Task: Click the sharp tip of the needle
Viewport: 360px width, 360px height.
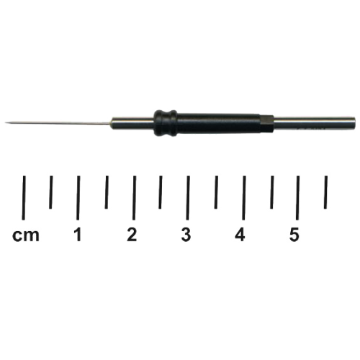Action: tap(5, 123)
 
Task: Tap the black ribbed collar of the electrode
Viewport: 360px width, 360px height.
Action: tap(166, 123)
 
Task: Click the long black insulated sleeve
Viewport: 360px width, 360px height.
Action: tap(218, 123)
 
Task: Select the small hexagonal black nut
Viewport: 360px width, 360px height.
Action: tap(267, 123)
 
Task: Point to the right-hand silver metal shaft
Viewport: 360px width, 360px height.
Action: tap(315, 124)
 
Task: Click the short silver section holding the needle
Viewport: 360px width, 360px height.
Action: tap(132, 123)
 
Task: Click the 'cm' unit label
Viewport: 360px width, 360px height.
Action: tap(26, 235)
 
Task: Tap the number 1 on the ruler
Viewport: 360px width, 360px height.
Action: tap(78, 235)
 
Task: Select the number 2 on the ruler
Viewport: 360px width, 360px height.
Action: tap(132, 235)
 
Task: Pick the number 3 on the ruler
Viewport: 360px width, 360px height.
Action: tap(186, 235)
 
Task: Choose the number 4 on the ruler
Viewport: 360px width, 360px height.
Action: tap(240, 235)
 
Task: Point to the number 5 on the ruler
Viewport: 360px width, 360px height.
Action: tap(294, 235)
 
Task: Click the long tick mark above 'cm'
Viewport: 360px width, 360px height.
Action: tap(24, 197)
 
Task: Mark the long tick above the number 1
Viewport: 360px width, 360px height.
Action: tap(78, 197)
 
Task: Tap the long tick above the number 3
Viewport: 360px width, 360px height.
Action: tap(188, 197)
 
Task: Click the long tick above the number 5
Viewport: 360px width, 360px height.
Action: tap(297, 197)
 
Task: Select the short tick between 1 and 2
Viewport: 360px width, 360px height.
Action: tap(107, 192)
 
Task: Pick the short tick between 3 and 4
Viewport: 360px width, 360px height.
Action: tap(216, 192)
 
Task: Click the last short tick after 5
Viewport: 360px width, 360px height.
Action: tap(325, 192)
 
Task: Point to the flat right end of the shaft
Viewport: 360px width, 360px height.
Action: tap(355, 124)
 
